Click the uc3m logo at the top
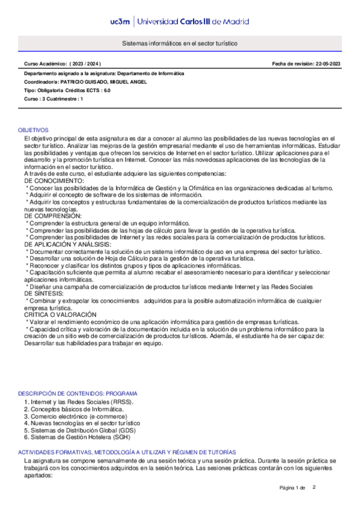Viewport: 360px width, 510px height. [x=122, y=22]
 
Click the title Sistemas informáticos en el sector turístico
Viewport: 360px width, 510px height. [x=180, y=45]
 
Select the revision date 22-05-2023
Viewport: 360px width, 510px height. [x=327, y=64]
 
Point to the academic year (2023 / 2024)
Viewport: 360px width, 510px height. [x=85, y=64]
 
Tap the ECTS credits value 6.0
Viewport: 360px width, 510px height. [x=107, y=90]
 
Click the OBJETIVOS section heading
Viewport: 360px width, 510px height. [x=33, y=130]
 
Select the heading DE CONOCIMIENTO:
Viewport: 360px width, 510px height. [x=54, y=180]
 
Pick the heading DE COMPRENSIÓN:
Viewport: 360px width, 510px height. [x=53, y=215]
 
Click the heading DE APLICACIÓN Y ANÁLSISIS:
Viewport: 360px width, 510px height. [x=67, y=244]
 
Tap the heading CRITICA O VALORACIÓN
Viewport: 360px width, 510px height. [x=59, y=315]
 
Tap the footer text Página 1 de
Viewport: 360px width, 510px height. [x=293, y=488]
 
